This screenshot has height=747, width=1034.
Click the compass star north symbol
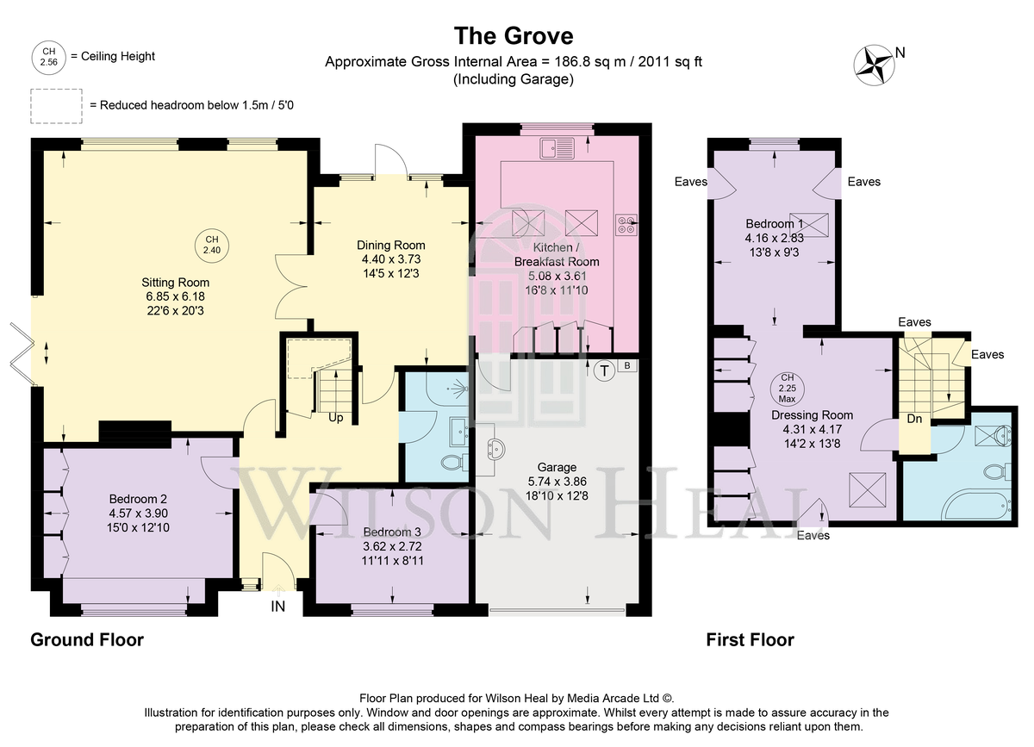click(x=874, y=65)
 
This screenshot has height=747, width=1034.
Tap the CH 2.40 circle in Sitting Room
click(x=212, y=246)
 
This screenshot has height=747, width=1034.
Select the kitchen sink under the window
click(x=557, y=148)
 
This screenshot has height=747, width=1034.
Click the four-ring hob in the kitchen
click(x=626, y=224)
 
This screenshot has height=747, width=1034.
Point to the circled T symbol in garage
click(x=604, y=370)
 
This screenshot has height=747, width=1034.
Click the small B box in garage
click(x=627, y=365)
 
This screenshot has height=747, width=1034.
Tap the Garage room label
click(x=557, y=467)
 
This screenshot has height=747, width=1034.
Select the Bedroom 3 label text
click(x=392, y=532)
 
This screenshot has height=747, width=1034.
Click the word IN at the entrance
click(x=277, y=607)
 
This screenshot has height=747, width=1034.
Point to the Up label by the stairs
click(x=335, y=418)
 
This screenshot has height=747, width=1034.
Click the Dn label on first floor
click(x=914, y=419)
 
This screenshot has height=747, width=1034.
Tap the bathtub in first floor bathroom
click(x=974, y=506)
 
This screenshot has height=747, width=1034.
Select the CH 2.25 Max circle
click(x=787, y=388)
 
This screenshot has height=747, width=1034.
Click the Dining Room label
click(x=391, y=246)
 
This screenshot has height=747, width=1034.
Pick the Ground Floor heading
click(x=87, y=640)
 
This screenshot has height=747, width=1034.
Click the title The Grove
click(x=514, y=35)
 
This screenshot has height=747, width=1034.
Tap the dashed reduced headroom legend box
click(x=56, y=106)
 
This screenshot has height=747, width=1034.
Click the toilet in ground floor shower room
click(x=454, y=462)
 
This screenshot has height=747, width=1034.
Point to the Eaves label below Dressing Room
click(x=813, y=535)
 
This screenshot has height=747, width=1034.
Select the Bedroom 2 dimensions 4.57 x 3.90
click(x=138, y=513)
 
